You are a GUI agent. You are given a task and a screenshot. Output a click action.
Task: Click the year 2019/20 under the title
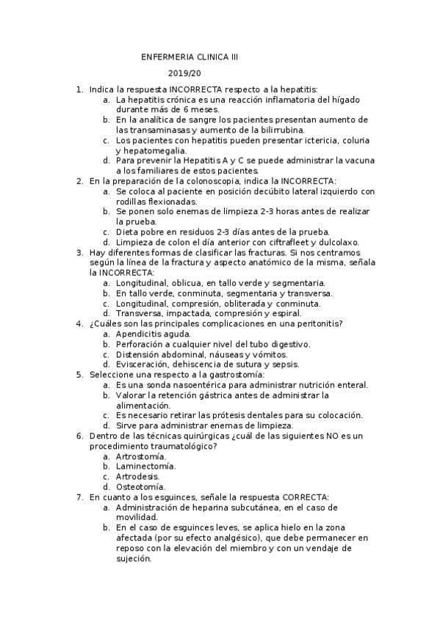point(184,73)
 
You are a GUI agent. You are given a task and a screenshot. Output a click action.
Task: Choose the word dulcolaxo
point(339,241)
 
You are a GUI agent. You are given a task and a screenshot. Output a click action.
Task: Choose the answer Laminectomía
point(145,466)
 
